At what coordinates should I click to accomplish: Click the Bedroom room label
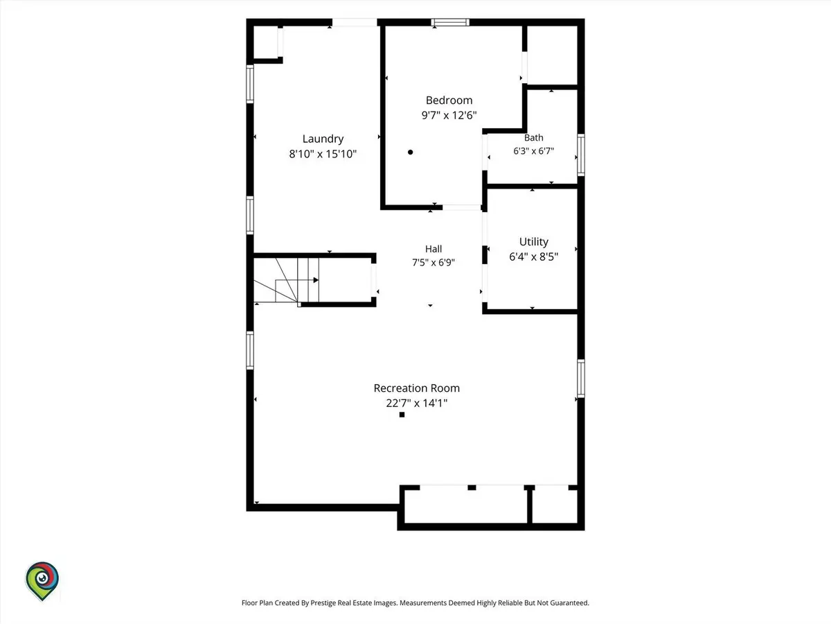pos(449,101)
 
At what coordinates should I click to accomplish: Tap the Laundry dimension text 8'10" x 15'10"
pos(323,154)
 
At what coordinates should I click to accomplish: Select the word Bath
pos(533,137)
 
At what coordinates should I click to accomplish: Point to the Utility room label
pos(533,242)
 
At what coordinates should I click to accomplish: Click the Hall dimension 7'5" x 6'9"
pos(433,262)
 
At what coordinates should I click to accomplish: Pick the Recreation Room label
pos(416,388)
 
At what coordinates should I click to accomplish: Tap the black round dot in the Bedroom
pos(411,153)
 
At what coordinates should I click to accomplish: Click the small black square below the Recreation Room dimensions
pos(402,415)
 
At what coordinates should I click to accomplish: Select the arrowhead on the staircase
pos(316,280)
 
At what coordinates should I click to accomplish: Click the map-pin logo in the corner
pos(42,580)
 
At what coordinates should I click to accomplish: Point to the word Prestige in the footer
pos(323,603)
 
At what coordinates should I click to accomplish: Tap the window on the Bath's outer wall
pos(581,155)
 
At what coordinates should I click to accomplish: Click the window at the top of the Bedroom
pos(450,22)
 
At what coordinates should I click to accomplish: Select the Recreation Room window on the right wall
pos(581,379)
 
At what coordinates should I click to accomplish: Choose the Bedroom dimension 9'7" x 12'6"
pos(449,115)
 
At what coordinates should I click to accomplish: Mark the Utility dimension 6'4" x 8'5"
pos(533,257)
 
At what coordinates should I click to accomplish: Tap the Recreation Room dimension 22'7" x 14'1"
pos(416,403)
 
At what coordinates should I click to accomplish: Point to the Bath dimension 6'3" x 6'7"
pos(533,151)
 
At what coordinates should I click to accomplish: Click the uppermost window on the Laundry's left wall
pos(250,84)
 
